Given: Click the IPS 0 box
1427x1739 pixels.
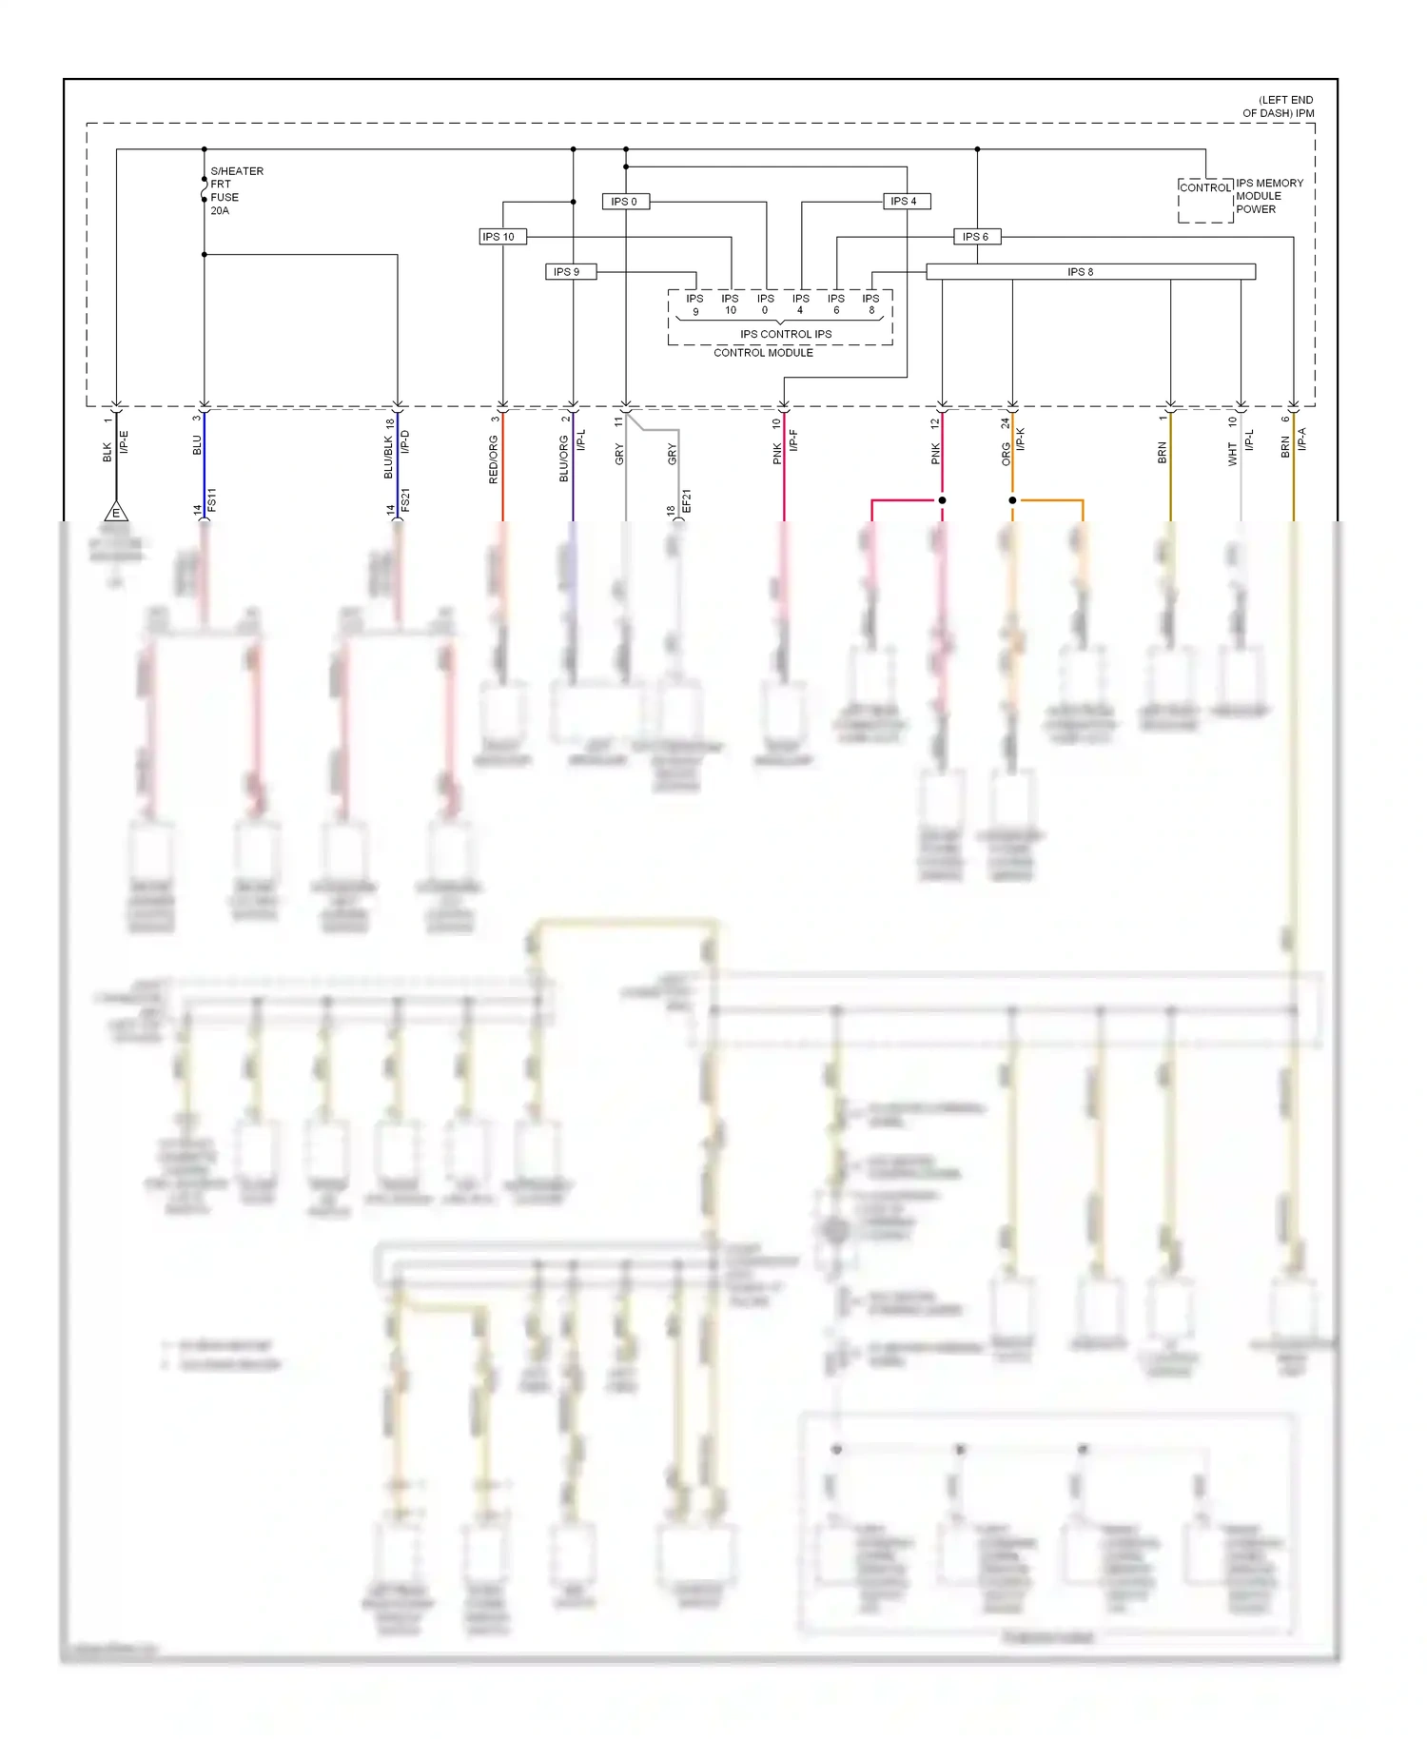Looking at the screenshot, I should pyautogui.click(x=625, y=202).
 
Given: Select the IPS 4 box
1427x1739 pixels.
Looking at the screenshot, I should pyautogui.click(x=905, y=202).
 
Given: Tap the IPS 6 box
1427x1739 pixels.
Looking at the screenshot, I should pyautogui.click(x=976, y=237).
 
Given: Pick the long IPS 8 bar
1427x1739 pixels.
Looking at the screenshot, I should pyautogui.click(x=1090, y=272).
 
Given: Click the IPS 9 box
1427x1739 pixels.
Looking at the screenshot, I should pyautogui.click(x=568, y=272).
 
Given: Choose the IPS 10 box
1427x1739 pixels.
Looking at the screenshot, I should pyautogui.click(x=501, y=237).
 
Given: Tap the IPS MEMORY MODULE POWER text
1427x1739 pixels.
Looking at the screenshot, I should pyautogui.click(x=1269, y=196).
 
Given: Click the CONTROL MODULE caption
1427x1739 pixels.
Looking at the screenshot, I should pyautogui.click(x=763, y=353).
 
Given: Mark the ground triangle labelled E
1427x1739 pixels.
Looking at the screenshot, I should pyautogui.click(x=116, y=512).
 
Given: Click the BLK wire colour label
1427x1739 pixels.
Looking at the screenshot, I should pyautogui.click(x=108, y=452).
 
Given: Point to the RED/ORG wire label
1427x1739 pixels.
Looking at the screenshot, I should pyautogui.click(x=493, y=459).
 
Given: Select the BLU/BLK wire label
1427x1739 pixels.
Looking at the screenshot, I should pyautogui.click(x=388, y=458).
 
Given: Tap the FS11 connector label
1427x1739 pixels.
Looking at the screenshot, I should pyautogui.click(x=212, y=500).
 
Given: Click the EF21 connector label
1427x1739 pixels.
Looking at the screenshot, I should pyautogui.click(x=686, y=502).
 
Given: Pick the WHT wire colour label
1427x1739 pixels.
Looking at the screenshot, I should pyautogui.click(x=1232, y=455).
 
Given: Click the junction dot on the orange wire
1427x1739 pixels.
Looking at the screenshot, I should pyautogui.click(x=1012, y=500).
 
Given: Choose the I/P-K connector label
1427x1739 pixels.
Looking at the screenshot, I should pyautogui.click(x=1021, y=440).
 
